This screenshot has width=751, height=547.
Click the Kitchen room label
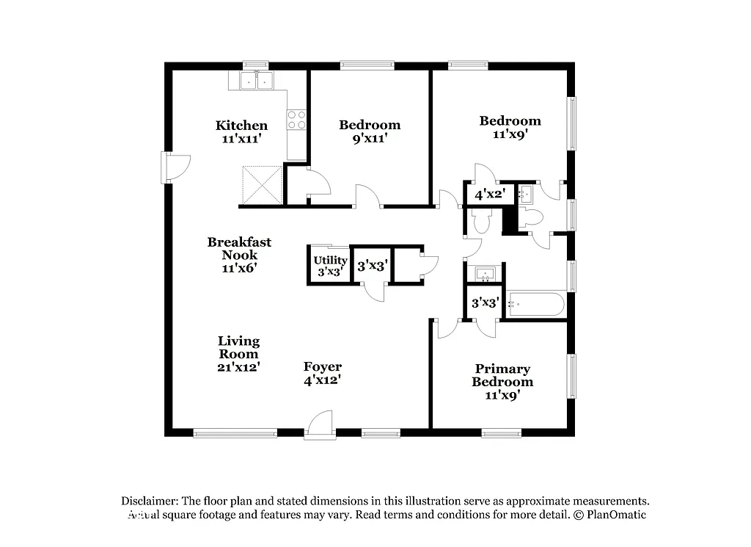241,126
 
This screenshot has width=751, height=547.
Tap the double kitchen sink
257,81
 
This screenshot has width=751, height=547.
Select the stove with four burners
296,120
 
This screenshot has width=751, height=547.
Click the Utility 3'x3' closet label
330,266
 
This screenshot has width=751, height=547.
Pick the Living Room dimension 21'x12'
239,366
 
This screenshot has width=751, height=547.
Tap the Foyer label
323,367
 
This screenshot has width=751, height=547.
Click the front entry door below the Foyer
320,426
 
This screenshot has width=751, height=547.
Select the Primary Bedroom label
502,375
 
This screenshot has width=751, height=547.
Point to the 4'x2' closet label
490,195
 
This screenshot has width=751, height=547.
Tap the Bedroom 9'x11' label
370,131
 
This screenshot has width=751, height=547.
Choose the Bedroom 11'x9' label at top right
510,127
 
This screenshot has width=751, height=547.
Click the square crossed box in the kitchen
263,184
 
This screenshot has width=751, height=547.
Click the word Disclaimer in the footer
146,501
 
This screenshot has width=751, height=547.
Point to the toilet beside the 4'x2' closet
482,221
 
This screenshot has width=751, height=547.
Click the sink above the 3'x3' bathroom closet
485,275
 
